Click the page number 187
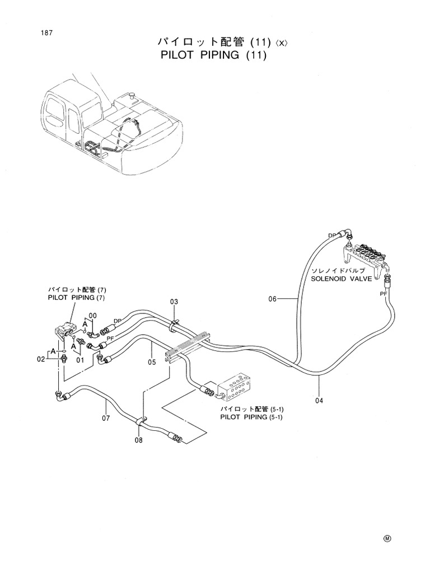tap(46, 33)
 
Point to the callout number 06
tap(272, 299)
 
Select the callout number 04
tap(319, 400)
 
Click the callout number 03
tap(174, 302)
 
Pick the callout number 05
tap(151, 362)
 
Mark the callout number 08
tap(138, 440)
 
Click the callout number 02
tap(41, 359)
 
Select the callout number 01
tap(80, 360)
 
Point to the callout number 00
tap(92, 316)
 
